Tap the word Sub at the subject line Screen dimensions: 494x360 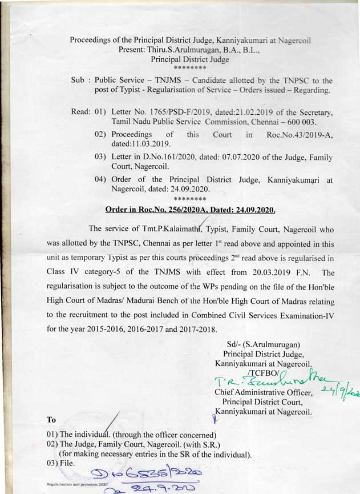[78, 81]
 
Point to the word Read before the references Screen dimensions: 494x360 [80, 113]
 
